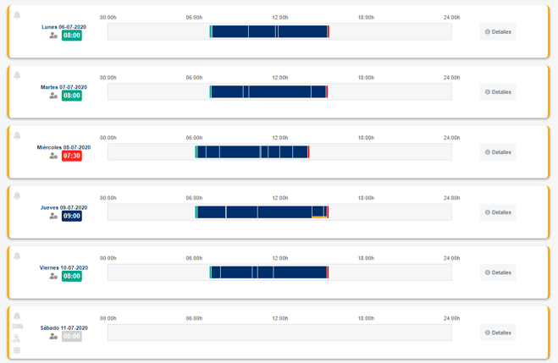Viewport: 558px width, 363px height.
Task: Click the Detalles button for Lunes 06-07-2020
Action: click(x=498, y=32)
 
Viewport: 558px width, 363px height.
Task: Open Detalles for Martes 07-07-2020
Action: click(x=498, y=92)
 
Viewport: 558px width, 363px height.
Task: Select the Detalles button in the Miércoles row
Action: click(x=498, y=152)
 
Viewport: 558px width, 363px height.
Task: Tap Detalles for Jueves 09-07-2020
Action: click(x=498, y=212)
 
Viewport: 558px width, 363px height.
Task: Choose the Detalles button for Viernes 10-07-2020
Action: click(x=498, y=272)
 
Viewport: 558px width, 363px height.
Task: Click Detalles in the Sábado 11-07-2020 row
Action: click(x=498, y=333)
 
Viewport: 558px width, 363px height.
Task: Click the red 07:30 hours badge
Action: click(x=72, y=156)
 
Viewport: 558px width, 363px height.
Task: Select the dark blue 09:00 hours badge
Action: click(x=72, y=216)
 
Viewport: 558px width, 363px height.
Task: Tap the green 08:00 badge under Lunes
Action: click(x=72, y=36)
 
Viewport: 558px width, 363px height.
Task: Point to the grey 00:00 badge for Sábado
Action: click(x=72, y=336)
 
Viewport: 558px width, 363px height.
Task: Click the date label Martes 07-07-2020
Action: click(x=64, y=87)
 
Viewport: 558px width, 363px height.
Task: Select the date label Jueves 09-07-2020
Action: click(x=64, y=207)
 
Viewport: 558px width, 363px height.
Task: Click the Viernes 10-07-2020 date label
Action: click(x=64, y=267)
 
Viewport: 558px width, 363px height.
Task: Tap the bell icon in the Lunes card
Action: click(x=17, y=15)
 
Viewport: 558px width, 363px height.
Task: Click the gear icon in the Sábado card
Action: click(x=17, y=350)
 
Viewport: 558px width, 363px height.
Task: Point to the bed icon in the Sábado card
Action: click(x=17, y=327)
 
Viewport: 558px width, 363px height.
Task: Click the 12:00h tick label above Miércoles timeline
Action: click(x=279, y=138)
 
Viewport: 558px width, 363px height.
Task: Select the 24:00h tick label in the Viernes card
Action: click(x=451, y=258)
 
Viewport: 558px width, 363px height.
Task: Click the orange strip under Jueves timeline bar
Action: click(x=319, y=218)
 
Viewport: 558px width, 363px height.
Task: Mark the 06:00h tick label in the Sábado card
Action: click(x=194, y=318)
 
